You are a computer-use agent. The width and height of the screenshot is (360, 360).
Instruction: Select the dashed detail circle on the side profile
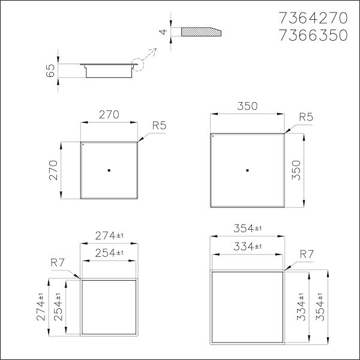click(x=136, y=64)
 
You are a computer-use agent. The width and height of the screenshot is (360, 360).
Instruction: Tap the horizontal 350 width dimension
click(x=247, y=107)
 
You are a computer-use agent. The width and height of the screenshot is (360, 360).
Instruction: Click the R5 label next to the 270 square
click(x=159, y=125)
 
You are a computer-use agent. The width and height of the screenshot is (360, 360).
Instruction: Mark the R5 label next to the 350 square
click(x=305, y=116)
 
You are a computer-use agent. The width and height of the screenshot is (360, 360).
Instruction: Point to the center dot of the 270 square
click(x=109, y=170)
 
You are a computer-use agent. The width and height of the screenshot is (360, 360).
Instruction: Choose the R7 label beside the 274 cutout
click(x=58, y=262)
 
